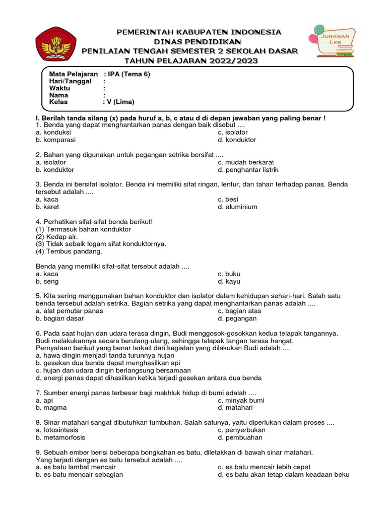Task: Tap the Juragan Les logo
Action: tap(331, 41)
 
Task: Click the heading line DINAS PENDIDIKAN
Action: tap(198, 41)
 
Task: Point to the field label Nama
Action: tap(58, 95)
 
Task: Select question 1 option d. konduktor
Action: tap(237, 140)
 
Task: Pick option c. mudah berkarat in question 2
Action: tap(246, 162)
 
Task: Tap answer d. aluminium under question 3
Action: tap(237, 207)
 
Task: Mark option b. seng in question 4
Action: tap(47, 281)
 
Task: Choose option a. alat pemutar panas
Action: tap(70, 311)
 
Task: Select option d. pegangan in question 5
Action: tap(237, 318)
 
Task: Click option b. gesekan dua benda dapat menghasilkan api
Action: tap(108, 363)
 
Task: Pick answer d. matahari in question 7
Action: tap(235, 408)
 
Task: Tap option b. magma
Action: tap(51, 408)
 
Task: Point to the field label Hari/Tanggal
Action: tap(70, 81)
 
